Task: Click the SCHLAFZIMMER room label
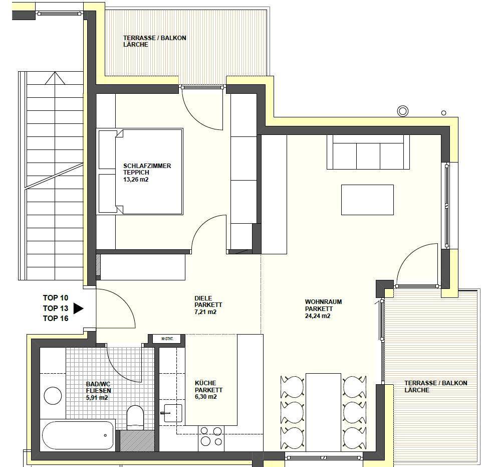click(x=147, y=166)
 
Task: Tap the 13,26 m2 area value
click(x=136, y=180)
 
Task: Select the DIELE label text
click(x=203, y=298)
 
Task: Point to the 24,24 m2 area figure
click(x=318, y=316)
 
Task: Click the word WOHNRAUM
click(x=323, y=301)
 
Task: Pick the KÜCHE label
click(x=205, y=383)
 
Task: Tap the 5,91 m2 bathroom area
click(x=97, y=397)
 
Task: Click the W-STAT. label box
click(x=167, y=339)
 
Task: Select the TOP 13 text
click(x=56, y=308)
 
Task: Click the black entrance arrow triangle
click(x=78, y=308)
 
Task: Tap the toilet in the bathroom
click(x=135, y=417)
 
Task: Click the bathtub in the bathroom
click(x=78, y=435)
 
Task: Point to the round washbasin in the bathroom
click(x=53, y=396)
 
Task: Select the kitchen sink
click(x=173, y=413)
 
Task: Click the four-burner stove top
click(x=211, y=436)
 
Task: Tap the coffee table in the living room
click(x=367, y=200)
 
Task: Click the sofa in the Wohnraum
click(x=368, y=152)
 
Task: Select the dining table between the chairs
click(x=323, y=412)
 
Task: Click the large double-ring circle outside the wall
click(x=403, y=111)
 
